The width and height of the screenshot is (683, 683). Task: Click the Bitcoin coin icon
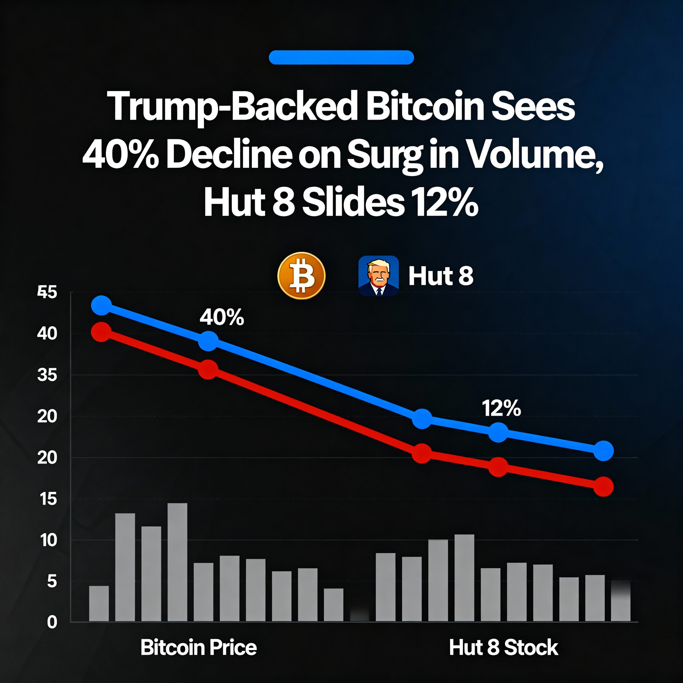[x=301, y=276]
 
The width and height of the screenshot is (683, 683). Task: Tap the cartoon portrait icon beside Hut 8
[x=378, y=276]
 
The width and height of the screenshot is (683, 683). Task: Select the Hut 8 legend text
[x=441, y=276]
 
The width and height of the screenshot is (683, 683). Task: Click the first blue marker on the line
[x=101, y=306]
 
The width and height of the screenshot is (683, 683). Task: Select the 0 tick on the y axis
[x=52, y=622]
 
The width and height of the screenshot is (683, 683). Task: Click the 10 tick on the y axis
[x=49, y=540]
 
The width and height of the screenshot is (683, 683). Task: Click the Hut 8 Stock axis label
[x=503, y=648]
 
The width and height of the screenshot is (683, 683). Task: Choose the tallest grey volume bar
[x=177, y=562]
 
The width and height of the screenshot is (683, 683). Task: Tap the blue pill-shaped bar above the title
[x=341, y=58]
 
